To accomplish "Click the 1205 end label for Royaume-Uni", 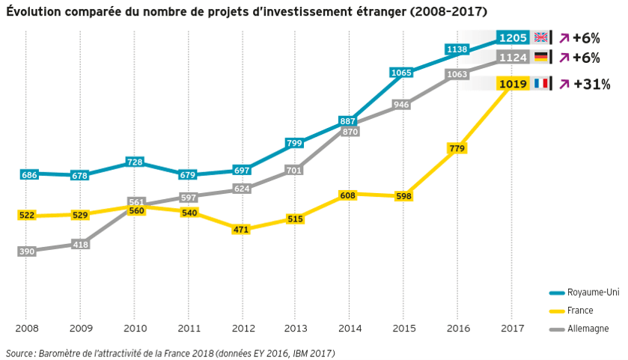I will tap(513, 37).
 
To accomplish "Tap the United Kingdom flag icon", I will tap(541, 37).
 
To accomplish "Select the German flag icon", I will tap(541, 57).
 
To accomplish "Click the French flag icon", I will tap(541, 84).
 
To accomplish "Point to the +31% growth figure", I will tap(591, 84).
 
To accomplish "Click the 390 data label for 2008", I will tap(27, 251).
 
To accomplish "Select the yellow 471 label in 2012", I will tap(241, 230).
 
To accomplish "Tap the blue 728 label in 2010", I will tap(135, 162).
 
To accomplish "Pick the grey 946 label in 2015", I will tap(401, 105).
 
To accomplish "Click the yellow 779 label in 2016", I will tap(456, 149).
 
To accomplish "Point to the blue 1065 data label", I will tap(401, 73).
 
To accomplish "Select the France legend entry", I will tap(581, 310).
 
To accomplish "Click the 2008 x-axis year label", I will tap(26, 328).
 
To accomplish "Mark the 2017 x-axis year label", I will tap(512, 328).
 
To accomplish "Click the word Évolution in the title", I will tap(33, 11).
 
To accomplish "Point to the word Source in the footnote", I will tap(19, 353).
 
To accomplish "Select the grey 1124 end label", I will tap(513, 57).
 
